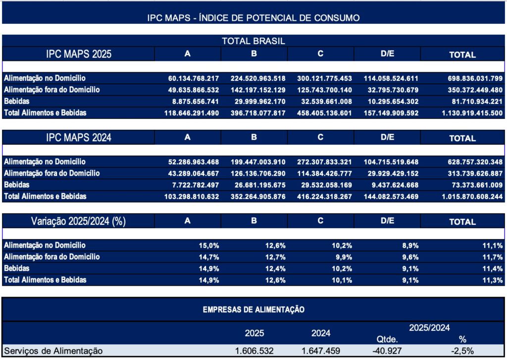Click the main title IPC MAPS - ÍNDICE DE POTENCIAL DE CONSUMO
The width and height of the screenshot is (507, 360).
click(253, 18)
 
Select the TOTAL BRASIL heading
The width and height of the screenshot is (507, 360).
click(253, 41)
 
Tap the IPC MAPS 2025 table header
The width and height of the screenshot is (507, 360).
click(78, 54)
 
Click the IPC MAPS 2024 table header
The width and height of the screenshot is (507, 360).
click(78, 137)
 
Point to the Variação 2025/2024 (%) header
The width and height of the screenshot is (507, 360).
click(78, 221)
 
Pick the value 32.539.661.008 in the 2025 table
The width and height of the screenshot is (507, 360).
click(324, 102)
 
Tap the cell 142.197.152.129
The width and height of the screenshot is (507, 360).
click(258, 90)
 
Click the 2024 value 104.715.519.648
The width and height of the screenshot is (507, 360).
click(391, 162)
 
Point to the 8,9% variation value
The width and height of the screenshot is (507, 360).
click(410, 246)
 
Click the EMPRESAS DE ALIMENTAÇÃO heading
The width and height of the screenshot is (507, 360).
click(253, 309)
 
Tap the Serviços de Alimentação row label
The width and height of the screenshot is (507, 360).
click(52, 351)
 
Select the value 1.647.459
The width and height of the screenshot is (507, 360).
click(321, 351)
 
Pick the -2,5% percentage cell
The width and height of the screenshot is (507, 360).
click(462, 351)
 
